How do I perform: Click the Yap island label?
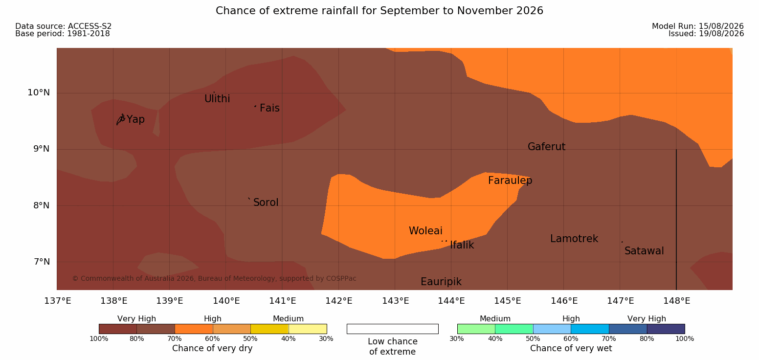coord(135,120)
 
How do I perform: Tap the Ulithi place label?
coord(217,99)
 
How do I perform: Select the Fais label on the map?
coord(270,108)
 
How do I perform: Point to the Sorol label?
coord(266,202)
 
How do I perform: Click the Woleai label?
coord(425,231)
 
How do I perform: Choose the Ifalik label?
coord(462,245)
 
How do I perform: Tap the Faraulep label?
coord(510,180)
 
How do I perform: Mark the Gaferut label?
coord(547,147)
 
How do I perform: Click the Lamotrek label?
coord(574,239)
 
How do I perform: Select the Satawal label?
coord(644,251)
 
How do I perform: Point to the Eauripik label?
coord(441,282)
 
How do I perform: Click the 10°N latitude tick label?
coord(39,92)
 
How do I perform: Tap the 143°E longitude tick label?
coord(396,301)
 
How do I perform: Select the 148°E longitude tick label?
coord(677,301)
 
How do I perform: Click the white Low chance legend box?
coord(393,329)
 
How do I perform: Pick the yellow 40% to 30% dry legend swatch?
coord(308,329)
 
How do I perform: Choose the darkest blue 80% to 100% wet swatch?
coord(666,329)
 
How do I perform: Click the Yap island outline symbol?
coord(121,119)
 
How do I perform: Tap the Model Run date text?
coord(698,26)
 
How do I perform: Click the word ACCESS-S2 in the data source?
coord(90,26)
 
